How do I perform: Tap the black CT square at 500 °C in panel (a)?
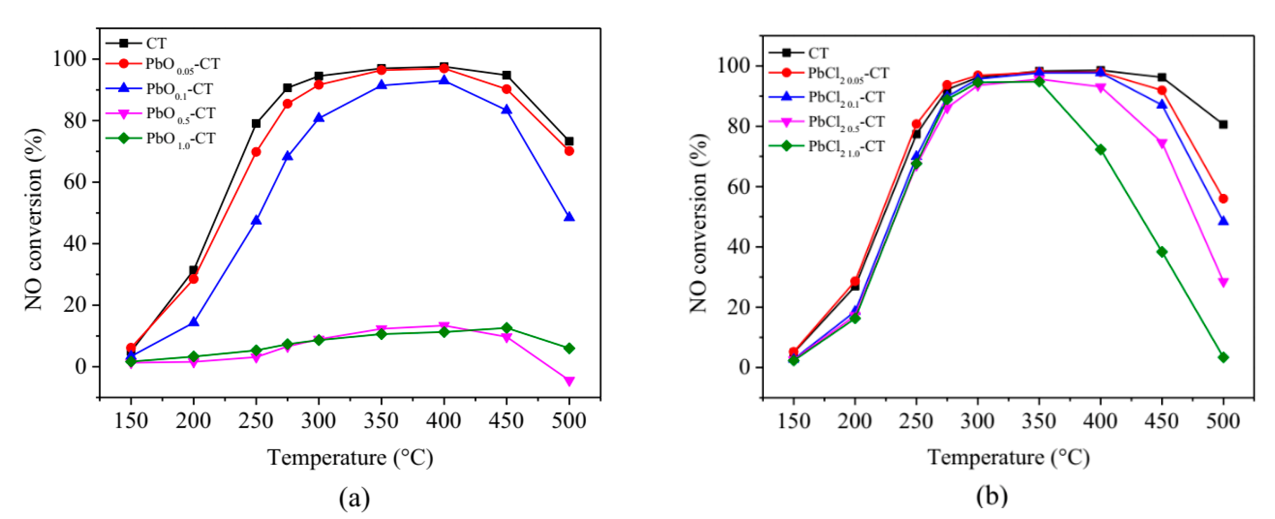[569, 142]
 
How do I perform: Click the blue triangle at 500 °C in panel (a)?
[569, 217]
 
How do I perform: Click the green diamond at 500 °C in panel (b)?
[1223, 357]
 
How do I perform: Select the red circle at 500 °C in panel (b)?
[1223, 199]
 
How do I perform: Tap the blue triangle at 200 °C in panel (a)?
[193, 322]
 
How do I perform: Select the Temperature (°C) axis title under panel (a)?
[350, 457]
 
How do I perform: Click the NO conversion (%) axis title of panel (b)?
[699, 223]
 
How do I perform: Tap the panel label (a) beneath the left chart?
[354, 498]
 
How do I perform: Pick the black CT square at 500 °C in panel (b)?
[1223, 124]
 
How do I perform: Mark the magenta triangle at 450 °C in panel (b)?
[1162, 144]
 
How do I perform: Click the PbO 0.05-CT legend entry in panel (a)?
[182, 64]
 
